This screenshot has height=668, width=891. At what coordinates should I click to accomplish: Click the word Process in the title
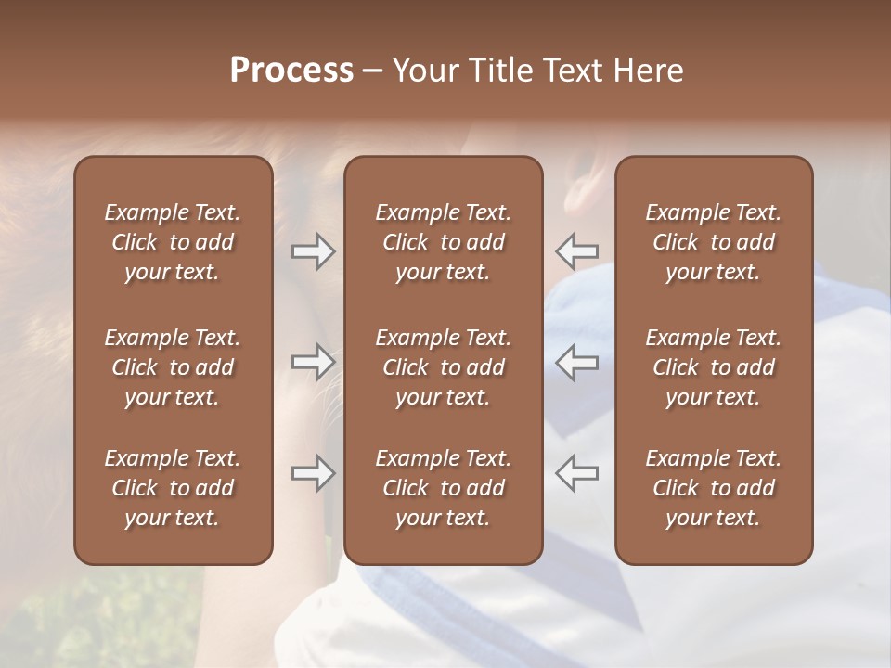pos(291,71)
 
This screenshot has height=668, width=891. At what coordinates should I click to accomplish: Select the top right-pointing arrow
pos(313,251)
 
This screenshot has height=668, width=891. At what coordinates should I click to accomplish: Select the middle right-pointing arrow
pos(313,362)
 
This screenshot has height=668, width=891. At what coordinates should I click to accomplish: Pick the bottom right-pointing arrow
pos(313,473)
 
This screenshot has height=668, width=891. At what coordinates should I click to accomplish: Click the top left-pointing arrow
pos(577,251)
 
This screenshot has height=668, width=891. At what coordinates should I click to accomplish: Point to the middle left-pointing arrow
pos(577,362)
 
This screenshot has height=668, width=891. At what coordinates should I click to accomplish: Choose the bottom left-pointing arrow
pos(577,473)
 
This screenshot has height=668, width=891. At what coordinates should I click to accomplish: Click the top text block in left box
pos(173,242)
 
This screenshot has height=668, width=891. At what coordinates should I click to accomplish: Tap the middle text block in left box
pos(173,367)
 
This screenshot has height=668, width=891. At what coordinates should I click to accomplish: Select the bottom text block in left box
pos(173,488)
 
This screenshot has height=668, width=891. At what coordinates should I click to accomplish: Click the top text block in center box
pos(443,242)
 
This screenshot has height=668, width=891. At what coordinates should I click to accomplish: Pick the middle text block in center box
pos(443,367)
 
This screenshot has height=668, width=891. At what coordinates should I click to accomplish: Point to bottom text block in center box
pos(443,488)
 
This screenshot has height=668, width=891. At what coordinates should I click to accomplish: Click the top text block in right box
pos(713,242)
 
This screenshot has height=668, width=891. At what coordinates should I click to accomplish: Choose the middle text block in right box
pos(713,367)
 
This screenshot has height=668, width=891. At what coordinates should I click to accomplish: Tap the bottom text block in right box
pos(713,488)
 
